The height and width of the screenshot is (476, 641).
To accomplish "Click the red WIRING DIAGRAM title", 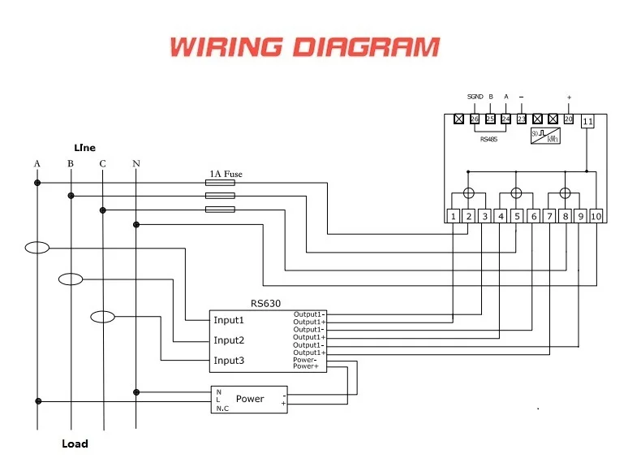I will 304,46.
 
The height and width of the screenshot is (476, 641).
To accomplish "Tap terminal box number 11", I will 588,122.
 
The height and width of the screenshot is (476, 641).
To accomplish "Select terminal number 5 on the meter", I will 517,216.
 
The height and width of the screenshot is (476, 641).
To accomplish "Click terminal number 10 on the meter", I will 596,216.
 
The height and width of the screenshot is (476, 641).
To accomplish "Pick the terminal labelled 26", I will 475,119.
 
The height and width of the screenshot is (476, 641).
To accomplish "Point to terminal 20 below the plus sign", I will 569,119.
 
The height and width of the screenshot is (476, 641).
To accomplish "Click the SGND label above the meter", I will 475,97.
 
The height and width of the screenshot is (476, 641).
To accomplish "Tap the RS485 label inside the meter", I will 489,139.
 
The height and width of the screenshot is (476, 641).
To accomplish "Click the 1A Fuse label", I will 226,174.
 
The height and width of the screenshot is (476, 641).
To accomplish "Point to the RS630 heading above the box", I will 266,303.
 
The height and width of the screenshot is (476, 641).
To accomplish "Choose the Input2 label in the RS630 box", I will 229,340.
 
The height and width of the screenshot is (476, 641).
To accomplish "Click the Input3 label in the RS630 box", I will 229,361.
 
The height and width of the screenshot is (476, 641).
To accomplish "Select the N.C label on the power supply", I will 222,408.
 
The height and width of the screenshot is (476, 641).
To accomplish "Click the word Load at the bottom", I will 75,444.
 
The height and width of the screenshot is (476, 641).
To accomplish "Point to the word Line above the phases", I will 84,148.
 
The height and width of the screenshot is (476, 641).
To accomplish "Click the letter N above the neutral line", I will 136,164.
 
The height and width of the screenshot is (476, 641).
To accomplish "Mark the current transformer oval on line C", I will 102,317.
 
